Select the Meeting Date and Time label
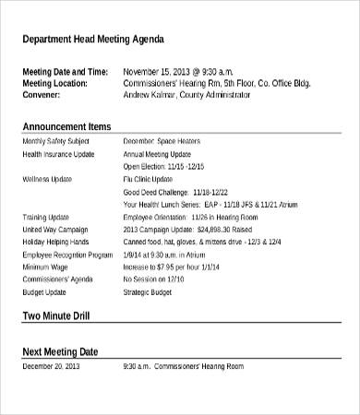[65, 71]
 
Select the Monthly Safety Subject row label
[54, 141]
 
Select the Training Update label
[45, 216]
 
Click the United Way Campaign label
[54, 229]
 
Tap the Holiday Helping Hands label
[57, 241]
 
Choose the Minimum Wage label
[45, 266]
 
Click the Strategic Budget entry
[149, 290]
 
